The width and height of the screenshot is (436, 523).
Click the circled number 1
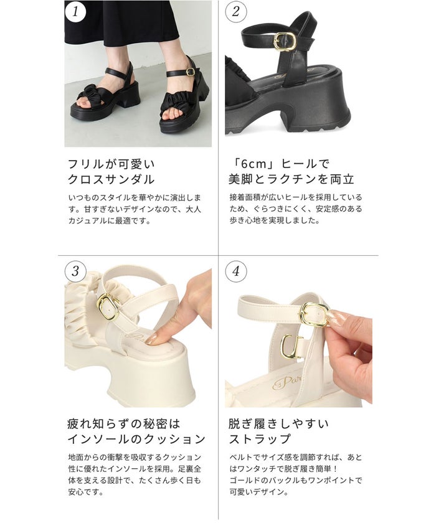pos(75,11)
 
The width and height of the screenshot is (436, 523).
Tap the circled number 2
pos(236,11)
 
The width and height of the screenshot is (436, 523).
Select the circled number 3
pos(75,271)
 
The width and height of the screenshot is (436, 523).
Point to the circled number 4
pos(236,271)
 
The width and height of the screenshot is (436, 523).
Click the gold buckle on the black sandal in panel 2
pos(285,42)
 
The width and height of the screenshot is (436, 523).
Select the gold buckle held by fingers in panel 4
pos(315,314)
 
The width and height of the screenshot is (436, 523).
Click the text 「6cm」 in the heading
pos(252,164)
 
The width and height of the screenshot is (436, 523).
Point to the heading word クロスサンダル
pos(111,179)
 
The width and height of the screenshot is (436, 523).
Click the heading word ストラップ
pos(260,438)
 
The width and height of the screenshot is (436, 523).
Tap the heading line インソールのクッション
pos(136,438)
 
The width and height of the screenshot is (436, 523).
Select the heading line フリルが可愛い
pos(111,164)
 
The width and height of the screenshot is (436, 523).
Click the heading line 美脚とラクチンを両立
pos(291,179)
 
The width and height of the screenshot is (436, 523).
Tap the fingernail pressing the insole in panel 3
pos(151,339)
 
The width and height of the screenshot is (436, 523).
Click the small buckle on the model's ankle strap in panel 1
pos(190,72)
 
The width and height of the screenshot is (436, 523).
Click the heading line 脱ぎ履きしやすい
pos(279,424)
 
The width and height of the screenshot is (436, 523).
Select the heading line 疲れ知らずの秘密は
pos(124,424)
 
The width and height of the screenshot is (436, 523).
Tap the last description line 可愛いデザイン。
pos(259,492)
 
